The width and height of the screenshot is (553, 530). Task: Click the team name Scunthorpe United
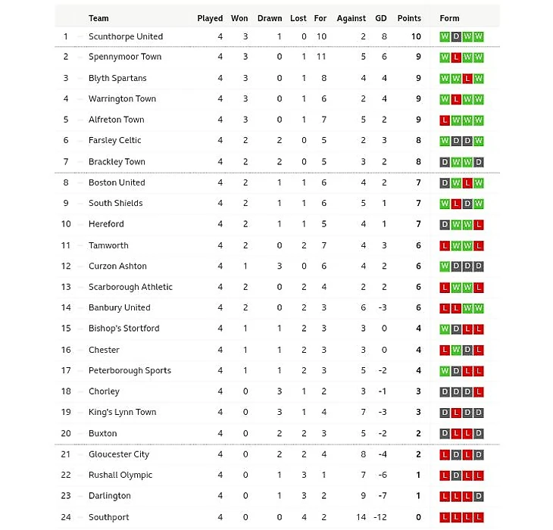click(x=125, y=36)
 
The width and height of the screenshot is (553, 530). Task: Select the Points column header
click(x=409, y=18)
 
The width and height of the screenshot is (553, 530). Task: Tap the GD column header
click(x=380, y=18)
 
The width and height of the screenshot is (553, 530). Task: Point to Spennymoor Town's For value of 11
click(x=321, y=57)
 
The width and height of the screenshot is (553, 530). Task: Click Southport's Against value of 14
click(x=361, y=517)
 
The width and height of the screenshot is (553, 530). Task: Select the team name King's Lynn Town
click(x=122, y=413)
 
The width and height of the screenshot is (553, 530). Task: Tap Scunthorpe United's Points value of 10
click(x=416, y=36)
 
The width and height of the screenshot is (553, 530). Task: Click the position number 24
click(x=66, y=517)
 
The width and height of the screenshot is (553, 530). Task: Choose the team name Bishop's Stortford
click(x=123, y=329)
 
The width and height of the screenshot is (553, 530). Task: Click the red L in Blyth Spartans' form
click(x=467, y=78)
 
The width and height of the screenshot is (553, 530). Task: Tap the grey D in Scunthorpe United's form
click(x=456, y=36)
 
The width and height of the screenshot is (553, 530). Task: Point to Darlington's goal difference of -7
click(x=382, y=496)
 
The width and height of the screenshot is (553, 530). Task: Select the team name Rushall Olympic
click(x=120, y=475)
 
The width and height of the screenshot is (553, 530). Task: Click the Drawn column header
click(x=269, y=18)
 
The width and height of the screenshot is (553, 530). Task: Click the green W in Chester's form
click(x=456, y=350)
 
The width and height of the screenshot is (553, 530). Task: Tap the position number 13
click(x=66, y=287)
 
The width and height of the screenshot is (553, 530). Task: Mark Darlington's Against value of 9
click(x=364, y=496)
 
